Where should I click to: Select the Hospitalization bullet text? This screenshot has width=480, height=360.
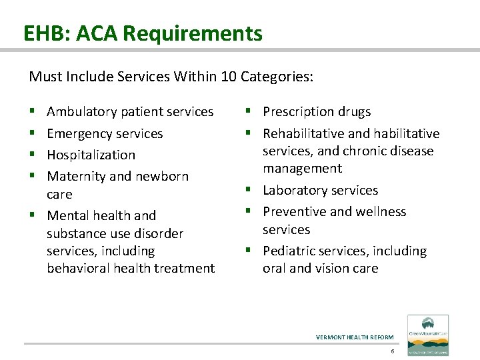click(91, 155)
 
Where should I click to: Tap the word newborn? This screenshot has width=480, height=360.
click(162, 177)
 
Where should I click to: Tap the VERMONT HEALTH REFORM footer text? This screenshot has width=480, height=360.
click(355, 337)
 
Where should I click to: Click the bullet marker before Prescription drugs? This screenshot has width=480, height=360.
click(248, 112)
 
